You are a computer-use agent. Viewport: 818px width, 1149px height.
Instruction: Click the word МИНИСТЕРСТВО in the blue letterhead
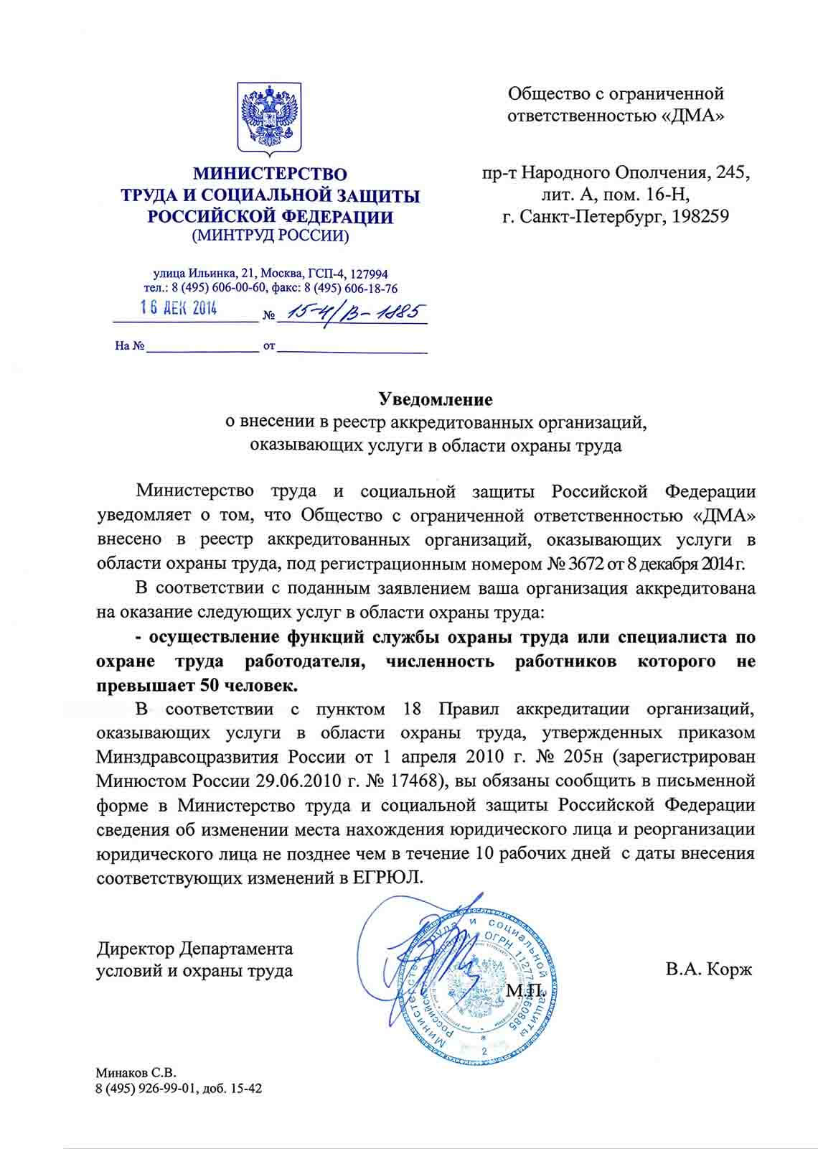tap(270, 175)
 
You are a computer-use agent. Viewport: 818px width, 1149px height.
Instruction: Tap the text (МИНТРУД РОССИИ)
tap(270, 235)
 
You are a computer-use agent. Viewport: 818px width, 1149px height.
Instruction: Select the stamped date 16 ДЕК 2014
tap(179, 309)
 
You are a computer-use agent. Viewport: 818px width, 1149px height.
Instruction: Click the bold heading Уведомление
tap(436, 399)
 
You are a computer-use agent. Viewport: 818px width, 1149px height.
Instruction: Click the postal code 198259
tap(700, 216)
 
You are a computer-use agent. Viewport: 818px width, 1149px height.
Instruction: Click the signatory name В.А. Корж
tap(708, 970)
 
